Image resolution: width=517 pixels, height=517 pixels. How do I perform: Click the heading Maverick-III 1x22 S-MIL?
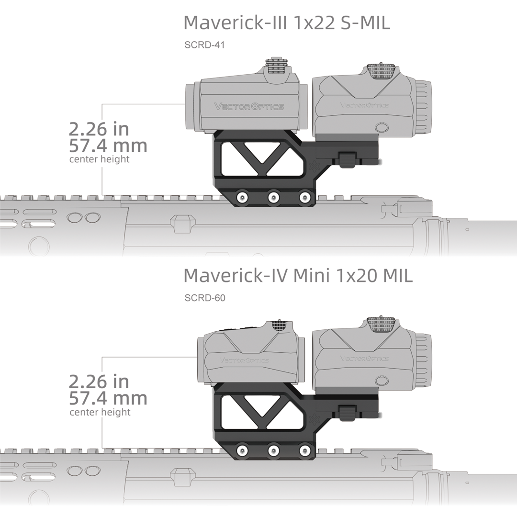[x=287, y=22]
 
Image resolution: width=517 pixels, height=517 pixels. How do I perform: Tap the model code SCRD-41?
[x=204, y=46]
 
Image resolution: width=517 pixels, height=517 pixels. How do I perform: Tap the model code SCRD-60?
[x=205, y=298]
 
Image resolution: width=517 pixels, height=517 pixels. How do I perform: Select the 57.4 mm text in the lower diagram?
[x=108, y=398]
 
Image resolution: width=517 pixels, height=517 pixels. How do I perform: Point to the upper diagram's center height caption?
[x=99, y=159]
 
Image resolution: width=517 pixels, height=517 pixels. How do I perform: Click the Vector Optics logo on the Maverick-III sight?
[x=249, y=106]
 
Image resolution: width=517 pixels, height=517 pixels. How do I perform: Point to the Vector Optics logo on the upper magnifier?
[x=364, y=105]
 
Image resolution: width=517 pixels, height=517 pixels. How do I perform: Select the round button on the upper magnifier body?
[x=381, y=127]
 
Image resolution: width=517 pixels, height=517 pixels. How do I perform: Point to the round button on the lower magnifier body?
[x=381, y=381]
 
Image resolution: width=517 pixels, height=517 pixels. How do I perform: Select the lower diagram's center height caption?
[x=100, y=412]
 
